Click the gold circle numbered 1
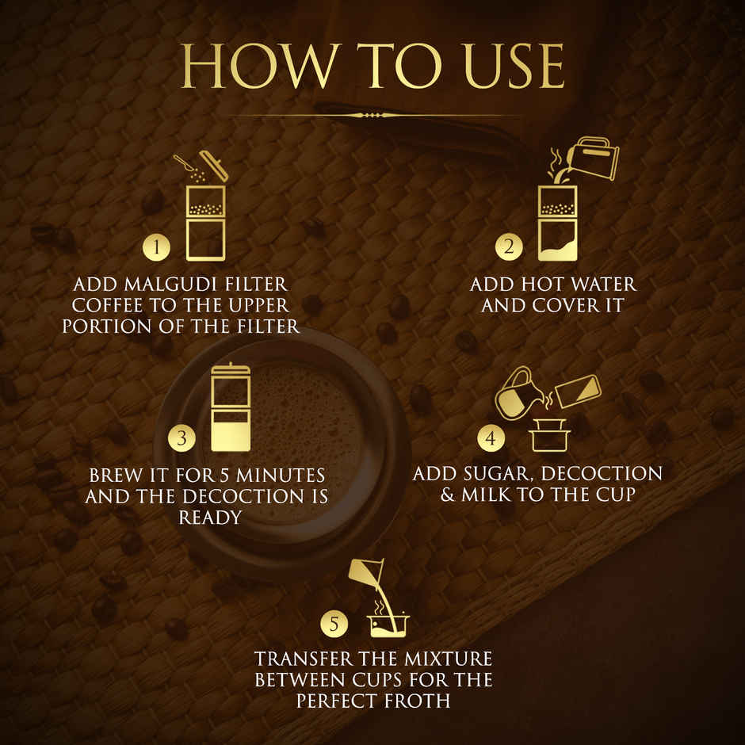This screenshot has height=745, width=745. [x=157, y=247]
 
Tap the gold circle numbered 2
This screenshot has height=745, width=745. [x=509, y=246]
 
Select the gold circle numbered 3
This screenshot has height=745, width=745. [x=182, y=437]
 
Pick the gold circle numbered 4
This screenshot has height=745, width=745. [x=491, y=437]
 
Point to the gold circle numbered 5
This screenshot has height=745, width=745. [x=334, y=624]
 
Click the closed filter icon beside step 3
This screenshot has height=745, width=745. [x=231, y=407]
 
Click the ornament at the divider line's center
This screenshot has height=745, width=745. [x=372, y=115]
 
